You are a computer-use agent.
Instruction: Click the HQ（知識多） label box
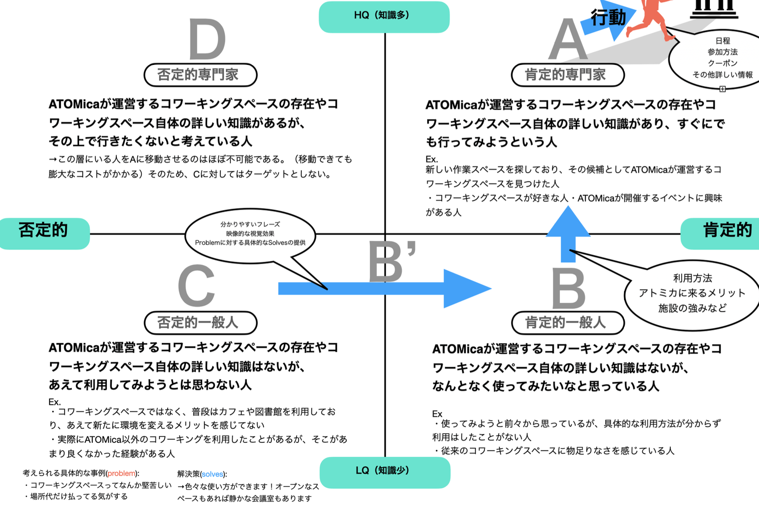coord(384,16)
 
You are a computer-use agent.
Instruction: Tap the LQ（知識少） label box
coord(384,471)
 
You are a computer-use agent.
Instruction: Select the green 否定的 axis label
coord(44,232)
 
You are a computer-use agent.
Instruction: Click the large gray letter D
coord(207,40)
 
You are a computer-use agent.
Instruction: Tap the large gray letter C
coord(196,286)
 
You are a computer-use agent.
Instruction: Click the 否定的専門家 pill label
coord(200,75)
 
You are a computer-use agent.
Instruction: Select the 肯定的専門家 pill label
coord(567,75)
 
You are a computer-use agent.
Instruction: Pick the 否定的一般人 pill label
coord(200,323)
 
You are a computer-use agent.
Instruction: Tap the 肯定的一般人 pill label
coord(567,323)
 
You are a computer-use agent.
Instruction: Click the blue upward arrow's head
coord(568,223)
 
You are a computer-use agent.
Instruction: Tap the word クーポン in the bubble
coord(722,63)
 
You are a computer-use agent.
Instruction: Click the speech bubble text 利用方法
coord(692,278)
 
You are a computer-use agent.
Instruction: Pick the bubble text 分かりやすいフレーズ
coord(250,224)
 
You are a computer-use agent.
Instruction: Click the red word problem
coord(121,473)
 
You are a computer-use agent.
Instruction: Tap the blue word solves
coord(212,474)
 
